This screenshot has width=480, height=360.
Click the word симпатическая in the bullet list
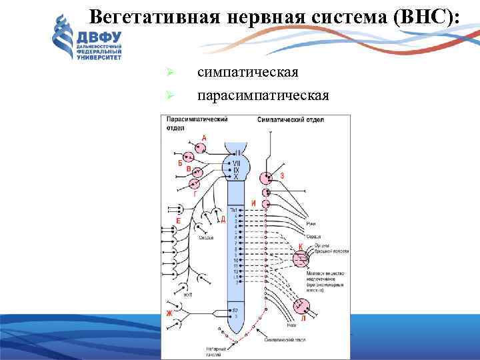pos(247,71)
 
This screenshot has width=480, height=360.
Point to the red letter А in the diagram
pos(204,137)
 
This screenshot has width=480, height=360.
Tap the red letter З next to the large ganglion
pos(282,176)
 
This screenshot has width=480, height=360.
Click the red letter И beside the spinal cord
pos(253,202)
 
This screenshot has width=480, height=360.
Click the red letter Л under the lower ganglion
pos(303,318)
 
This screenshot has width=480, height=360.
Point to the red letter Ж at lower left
pos(169,313)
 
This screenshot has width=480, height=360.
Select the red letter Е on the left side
pos(177,219)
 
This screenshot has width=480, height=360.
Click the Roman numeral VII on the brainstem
pos(236,163)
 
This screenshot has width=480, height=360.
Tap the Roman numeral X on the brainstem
pos(235,177)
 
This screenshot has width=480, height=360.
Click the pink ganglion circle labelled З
pos(267,178)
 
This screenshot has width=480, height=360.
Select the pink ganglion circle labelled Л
pos(302,305)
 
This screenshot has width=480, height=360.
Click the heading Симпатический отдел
pos(290,120)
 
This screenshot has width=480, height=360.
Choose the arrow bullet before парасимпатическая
pos(170,96)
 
